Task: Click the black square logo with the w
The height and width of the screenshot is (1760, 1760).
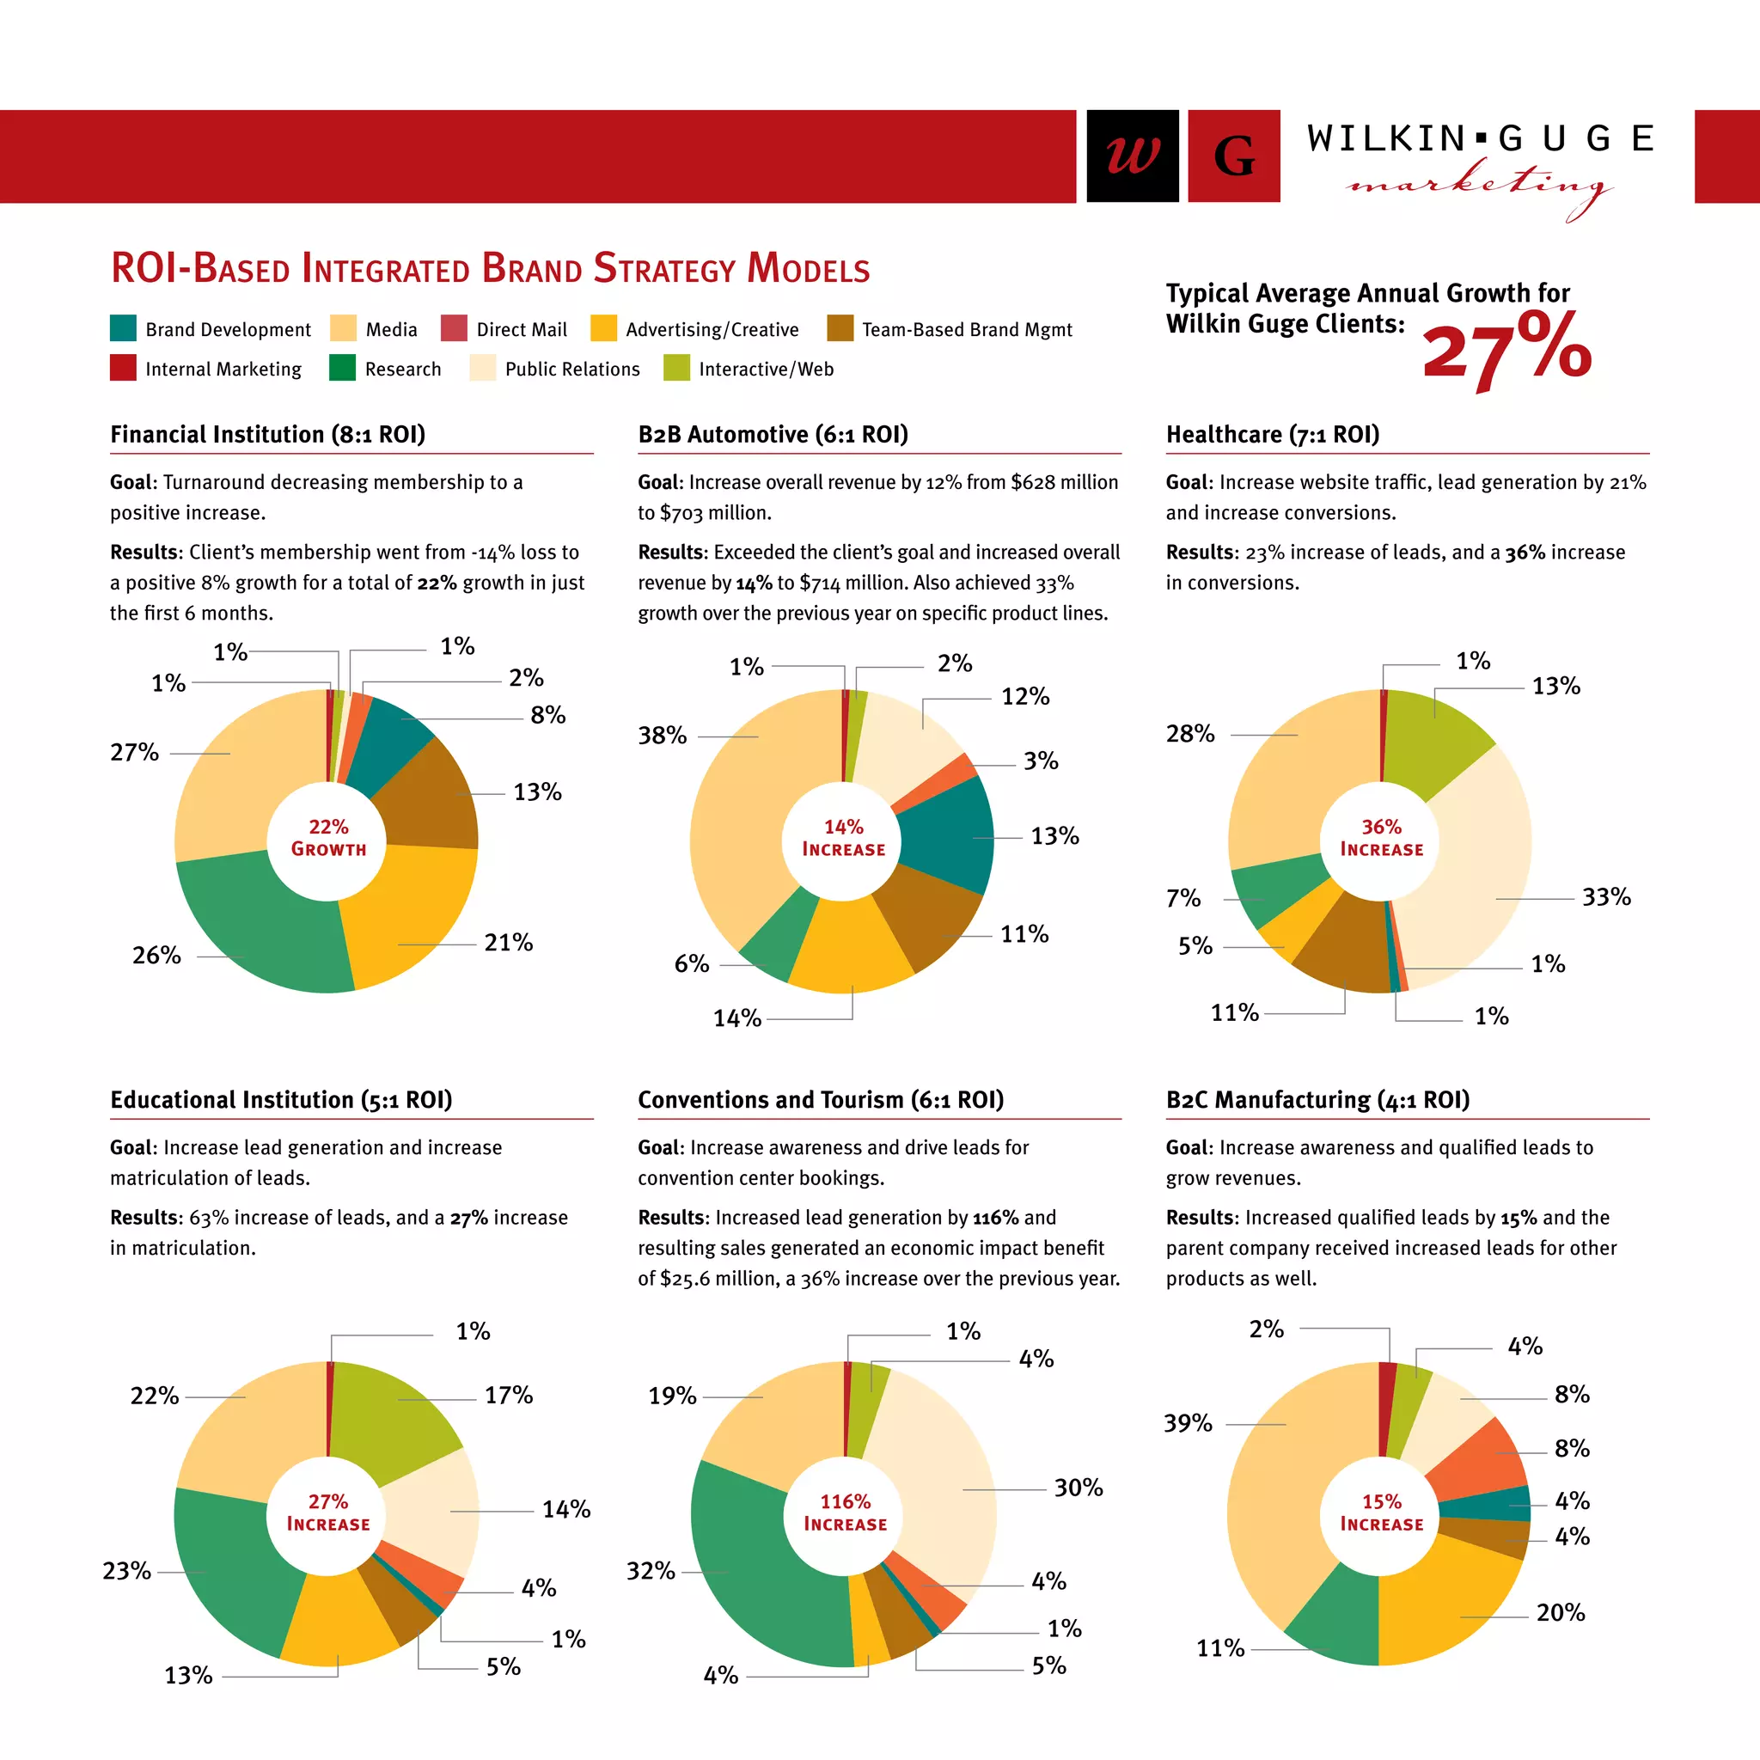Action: [1133, 156]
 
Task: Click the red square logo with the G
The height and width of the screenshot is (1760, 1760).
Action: [1233, 156]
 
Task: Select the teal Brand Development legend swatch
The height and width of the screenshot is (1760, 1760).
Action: [123, 328]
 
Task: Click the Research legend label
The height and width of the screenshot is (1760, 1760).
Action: [403, 369]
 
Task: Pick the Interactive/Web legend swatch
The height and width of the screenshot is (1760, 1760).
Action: [676, 368]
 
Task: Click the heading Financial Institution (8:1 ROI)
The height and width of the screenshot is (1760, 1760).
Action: [268, 434]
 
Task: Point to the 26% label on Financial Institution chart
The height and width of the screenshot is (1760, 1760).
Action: [156, 955]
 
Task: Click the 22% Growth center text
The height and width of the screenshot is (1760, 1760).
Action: [328, 837]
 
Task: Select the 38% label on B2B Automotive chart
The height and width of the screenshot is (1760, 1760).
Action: [663, 734]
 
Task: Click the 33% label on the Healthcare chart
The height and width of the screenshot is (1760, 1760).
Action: [1605, 896]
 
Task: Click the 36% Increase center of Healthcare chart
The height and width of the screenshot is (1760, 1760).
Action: [1381, 837]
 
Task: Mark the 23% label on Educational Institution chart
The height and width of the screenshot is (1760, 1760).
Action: [126, 1571]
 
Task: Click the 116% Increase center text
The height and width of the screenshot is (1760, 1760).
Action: [845, 1512]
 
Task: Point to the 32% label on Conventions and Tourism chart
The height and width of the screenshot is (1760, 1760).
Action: [651, 1571]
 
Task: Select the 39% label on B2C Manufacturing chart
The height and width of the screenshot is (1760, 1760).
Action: [1188, 1423]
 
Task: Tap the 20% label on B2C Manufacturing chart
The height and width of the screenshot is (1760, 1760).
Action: [1560, 1612]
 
